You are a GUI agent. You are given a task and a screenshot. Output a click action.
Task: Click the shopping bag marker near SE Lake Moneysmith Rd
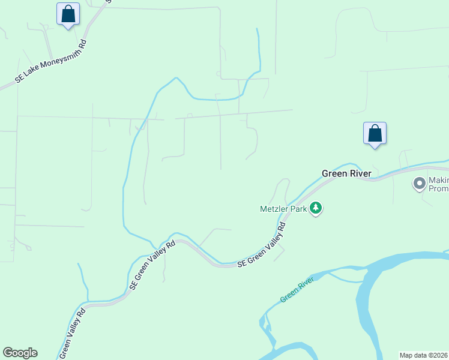[68, 14]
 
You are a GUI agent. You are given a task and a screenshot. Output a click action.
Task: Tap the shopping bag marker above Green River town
[375, 133]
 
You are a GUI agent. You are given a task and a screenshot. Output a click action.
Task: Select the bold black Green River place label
[346, 173]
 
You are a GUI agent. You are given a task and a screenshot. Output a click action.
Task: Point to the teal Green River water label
[297, 290]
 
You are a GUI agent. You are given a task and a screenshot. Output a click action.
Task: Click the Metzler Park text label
[283, 209]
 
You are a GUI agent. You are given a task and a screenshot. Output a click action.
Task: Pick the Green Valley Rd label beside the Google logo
[73, 332]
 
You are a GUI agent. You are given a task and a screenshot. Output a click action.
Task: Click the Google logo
[20, 353]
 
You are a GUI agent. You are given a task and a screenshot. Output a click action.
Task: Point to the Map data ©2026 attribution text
[424, 355]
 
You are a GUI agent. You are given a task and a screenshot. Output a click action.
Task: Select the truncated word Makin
[438, 180]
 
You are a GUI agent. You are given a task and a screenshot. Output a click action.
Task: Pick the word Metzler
[273, 209]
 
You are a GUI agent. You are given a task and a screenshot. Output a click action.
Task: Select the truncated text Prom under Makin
[438, 188]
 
